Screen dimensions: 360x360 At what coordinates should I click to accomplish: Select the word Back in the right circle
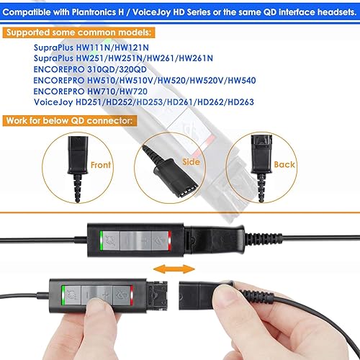(x=284, y=165)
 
